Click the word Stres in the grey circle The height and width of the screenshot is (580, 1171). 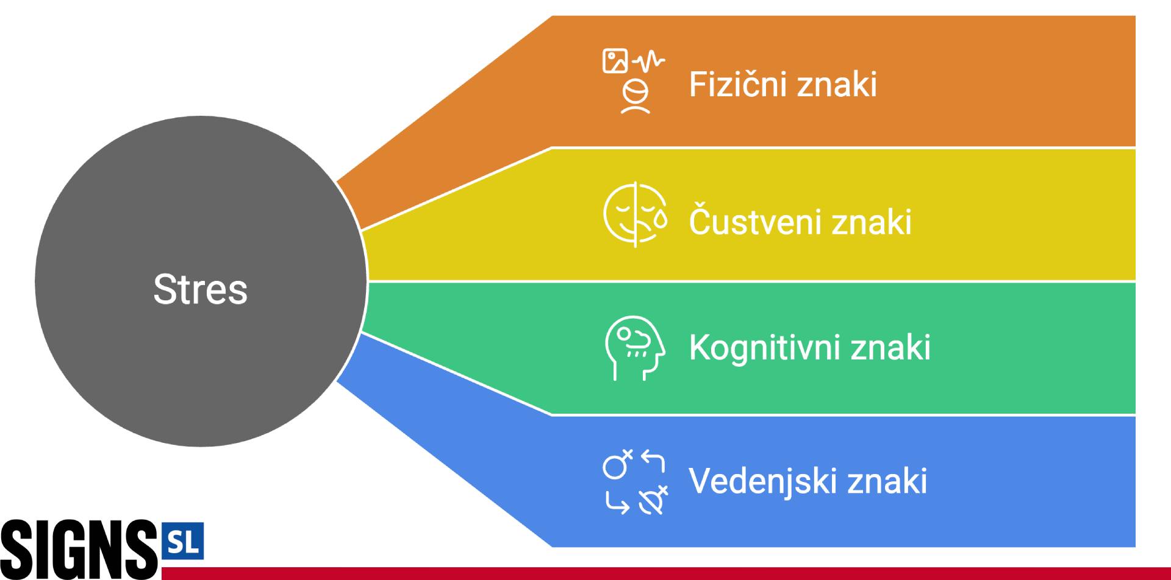pyautogui.click(x=200, y=289)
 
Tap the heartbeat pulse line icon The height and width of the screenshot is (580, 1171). pyautogui.click(x=649, y=60)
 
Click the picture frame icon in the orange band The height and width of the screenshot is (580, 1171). pyautogui.click(x=615, y=61)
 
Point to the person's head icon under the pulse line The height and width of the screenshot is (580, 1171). pyautogui.click(x=636, y=97)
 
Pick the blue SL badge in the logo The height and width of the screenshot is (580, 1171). pyautogui.click(x=183, y=540)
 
